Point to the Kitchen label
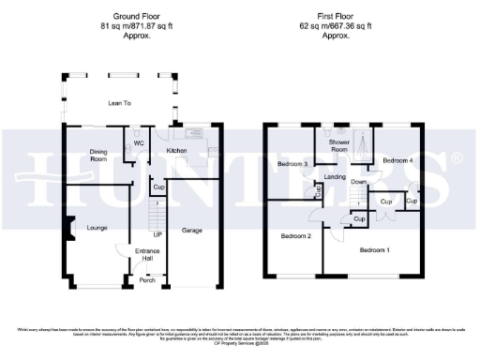[x=176, y=150]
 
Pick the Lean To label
[x=119, y=103]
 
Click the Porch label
[x=147, y=279]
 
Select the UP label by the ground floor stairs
[x=157, y=234]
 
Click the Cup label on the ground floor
[x=158, y=187]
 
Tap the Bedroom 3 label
[x=293, y=165]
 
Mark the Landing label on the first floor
[x=337, y=176]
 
